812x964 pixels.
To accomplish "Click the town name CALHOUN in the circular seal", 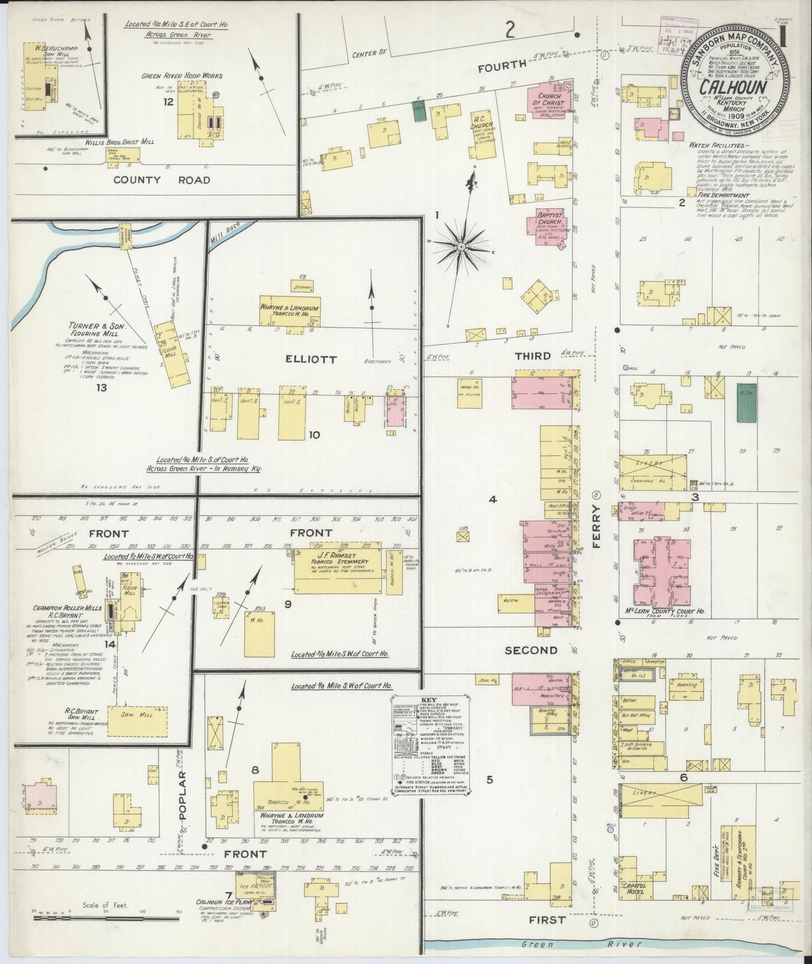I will click(731, 88).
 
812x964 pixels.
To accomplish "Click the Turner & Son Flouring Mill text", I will click(105, 330).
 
